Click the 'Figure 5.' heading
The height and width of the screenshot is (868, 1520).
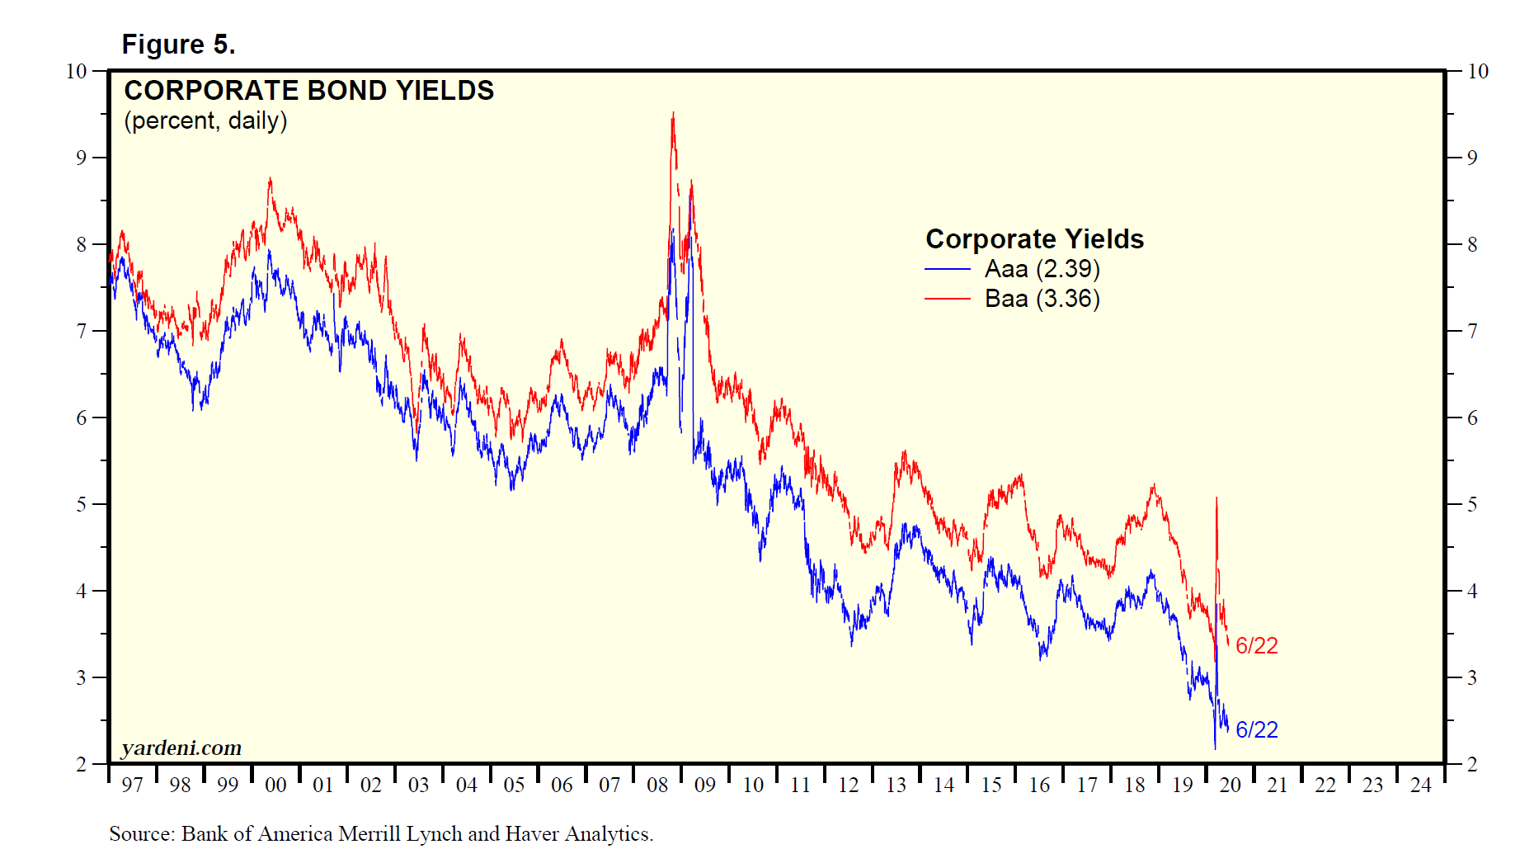pos(178,44)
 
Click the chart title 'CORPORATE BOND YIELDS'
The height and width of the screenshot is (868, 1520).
pos(308,90)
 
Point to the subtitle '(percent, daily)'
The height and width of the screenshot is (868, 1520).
pos(205,120)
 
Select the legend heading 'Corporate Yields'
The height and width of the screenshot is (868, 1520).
pos(1034,238)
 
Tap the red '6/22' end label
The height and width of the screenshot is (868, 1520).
pos(1256,645)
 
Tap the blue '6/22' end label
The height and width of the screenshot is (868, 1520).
pos(1256,729)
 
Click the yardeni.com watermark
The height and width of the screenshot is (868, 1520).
pos(181,748)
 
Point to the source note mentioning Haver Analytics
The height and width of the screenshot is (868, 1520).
pos(381,834)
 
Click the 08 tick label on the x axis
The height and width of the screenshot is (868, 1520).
pos(657,785)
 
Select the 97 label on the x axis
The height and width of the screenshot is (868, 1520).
pos(132,785)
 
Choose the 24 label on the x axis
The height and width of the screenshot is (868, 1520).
pos(1420,785)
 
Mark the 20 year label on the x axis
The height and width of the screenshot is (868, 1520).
pos(1230,785)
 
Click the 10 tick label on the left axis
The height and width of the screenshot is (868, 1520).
pos(76,71)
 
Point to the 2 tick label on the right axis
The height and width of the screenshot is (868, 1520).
pos(1472,764)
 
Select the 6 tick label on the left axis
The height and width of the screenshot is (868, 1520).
pos(81,417)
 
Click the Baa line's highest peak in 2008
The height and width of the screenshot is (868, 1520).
pos(673,114)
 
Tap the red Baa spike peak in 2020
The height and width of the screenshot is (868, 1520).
pos(1216,498)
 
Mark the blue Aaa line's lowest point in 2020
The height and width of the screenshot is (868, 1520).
pos(1215,748)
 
